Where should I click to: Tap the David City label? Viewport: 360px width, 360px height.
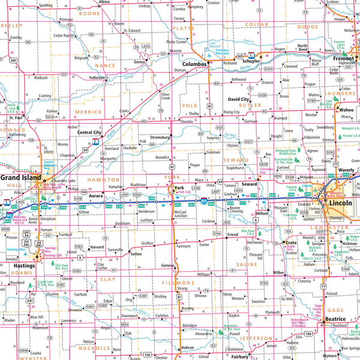click(238, 100)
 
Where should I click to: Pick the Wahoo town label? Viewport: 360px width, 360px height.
click(347, 110)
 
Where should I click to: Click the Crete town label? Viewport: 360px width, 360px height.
click(290, 242)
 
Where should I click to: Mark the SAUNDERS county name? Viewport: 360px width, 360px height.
click(341, 93)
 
